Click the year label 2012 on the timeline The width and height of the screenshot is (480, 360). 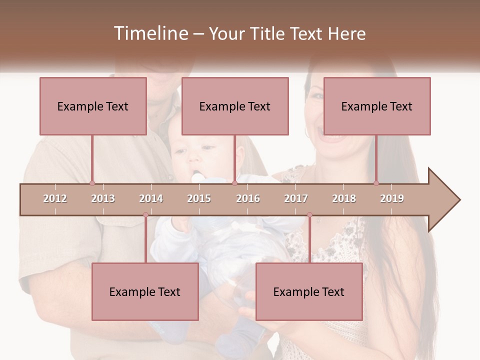(55, 198)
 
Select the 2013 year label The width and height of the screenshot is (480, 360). (103, 198)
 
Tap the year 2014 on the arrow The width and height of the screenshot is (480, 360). (151, 198)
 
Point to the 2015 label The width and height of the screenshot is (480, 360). (199, 198)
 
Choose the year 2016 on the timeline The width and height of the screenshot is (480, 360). (248, 198)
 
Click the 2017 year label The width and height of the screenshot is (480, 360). (296, 198)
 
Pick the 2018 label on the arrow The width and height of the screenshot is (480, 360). (344, 198)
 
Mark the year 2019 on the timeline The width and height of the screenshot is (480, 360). (392, 198)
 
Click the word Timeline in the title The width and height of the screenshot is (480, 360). (150, 33)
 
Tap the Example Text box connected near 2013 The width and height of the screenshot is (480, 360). (93, 106)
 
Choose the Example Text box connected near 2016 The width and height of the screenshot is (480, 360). (235, 106)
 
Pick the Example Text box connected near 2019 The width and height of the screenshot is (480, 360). (377, 106)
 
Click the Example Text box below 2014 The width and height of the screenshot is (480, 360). (145, 291)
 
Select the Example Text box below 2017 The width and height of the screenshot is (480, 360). (309, 291)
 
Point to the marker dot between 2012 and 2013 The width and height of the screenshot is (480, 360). (92, 183)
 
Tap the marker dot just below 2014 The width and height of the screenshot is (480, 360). (145, 215)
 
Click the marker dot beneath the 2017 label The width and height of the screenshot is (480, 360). (309, 215)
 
